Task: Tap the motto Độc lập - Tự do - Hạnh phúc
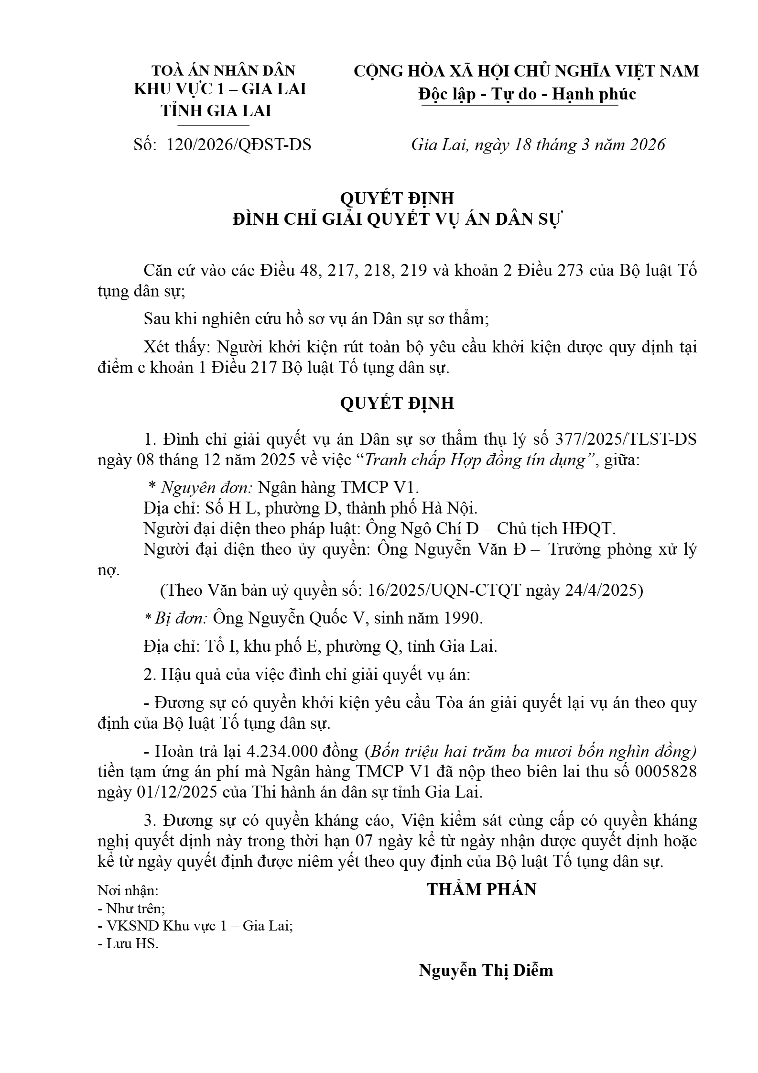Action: click(x=527, y=94)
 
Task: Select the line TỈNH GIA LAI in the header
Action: click(x=216, y=110)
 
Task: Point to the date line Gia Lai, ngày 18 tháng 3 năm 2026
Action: click(x=538, y=144)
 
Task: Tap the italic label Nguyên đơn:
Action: click(x=207, y=487)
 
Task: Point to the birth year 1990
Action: click(x=462, y=618)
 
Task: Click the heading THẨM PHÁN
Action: click(x=481, y=889)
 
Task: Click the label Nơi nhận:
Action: click(x=128, y=890)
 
